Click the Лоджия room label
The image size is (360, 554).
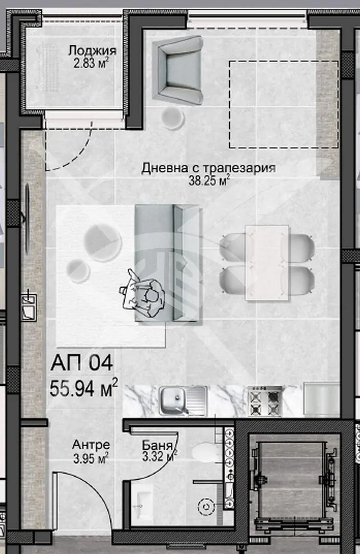pos(92,50)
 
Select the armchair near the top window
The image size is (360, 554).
pos(177,70)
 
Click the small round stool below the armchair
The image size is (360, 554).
pos(173,118)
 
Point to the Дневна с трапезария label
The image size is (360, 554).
pos(208,168)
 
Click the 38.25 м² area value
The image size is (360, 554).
pos(210,181)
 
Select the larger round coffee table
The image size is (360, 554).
pos(103,242)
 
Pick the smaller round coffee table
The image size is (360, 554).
pos(79,271)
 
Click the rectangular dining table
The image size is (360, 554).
pos(267,263)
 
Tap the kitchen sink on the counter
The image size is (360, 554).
pos(182,400)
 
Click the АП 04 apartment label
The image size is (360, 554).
pos(82,363)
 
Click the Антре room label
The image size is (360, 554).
pos(91,444)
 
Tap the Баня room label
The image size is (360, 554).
pos(157,444)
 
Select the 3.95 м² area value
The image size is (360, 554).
pos(90,458)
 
